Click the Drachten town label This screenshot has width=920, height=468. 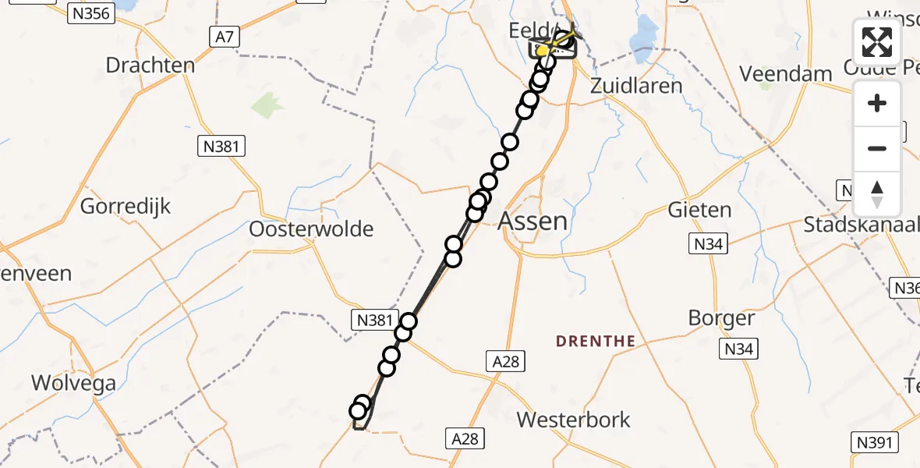click(150, 65)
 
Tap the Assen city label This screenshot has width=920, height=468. click(533, 221)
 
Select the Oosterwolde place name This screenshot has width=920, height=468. click(311, 229)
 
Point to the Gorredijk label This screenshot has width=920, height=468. click(126, 207)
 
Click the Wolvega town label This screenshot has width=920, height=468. click(73, 383)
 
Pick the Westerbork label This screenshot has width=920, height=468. click(574, 420)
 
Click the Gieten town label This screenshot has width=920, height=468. click(699, 210)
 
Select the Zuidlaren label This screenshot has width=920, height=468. click(636, 85)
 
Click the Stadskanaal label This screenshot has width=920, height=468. click(862, 226)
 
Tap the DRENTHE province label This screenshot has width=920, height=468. click(596, 341)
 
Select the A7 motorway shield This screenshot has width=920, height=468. click(222, 36)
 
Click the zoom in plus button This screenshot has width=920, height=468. click(877, 103)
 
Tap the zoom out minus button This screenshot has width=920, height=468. click(877, 148)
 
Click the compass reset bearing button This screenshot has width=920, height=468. click(877, 194)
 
